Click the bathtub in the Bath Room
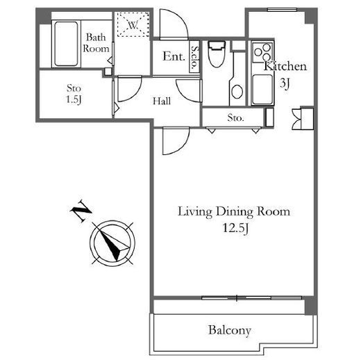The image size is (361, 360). [x=66, y=44]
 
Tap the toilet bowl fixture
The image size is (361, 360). [x=217, y=54]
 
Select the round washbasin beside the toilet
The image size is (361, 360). [x=237, y=91]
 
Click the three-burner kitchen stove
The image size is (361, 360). [x=262, y=52]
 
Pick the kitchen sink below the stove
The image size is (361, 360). [x=262, y=90]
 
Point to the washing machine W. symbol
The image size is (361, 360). [x=133, y=24]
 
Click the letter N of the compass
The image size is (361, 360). [x=81, y=211]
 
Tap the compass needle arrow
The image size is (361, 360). [x=112, y=243]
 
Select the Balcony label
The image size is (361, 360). [x=230, y=331]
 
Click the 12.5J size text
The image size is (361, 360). [x=236, y=228]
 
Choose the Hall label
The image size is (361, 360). [x=162, y=101]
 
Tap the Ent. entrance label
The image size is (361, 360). [x=174, y=56]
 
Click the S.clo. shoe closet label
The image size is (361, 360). [x=195, y=57]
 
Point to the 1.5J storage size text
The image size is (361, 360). [x=74, y=99]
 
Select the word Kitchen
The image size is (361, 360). [x=285, y=66]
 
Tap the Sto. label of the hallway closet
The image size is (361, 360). [x=235, y=118]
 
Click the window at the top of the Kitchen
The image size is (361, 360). [x=282, y=10]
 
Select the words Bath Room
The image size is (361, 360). [x=96, y=43]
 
